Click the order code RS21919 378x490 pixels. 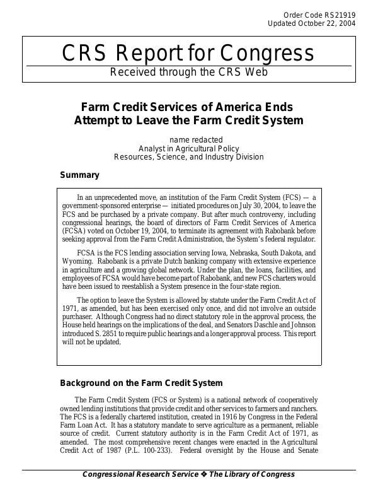click(340, 14)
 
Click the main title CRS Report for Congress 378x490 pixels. click(188, 53)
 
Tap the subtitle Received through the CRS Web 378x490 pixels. click(188, 72)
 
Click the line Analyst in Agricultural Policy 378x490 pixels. click(188, 148)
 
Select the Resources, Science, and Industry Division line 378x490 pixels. click(188, 156)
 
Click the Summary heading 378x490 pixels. click(79, 175)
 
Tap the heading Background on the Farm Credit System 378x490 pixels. click(140, 383)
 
